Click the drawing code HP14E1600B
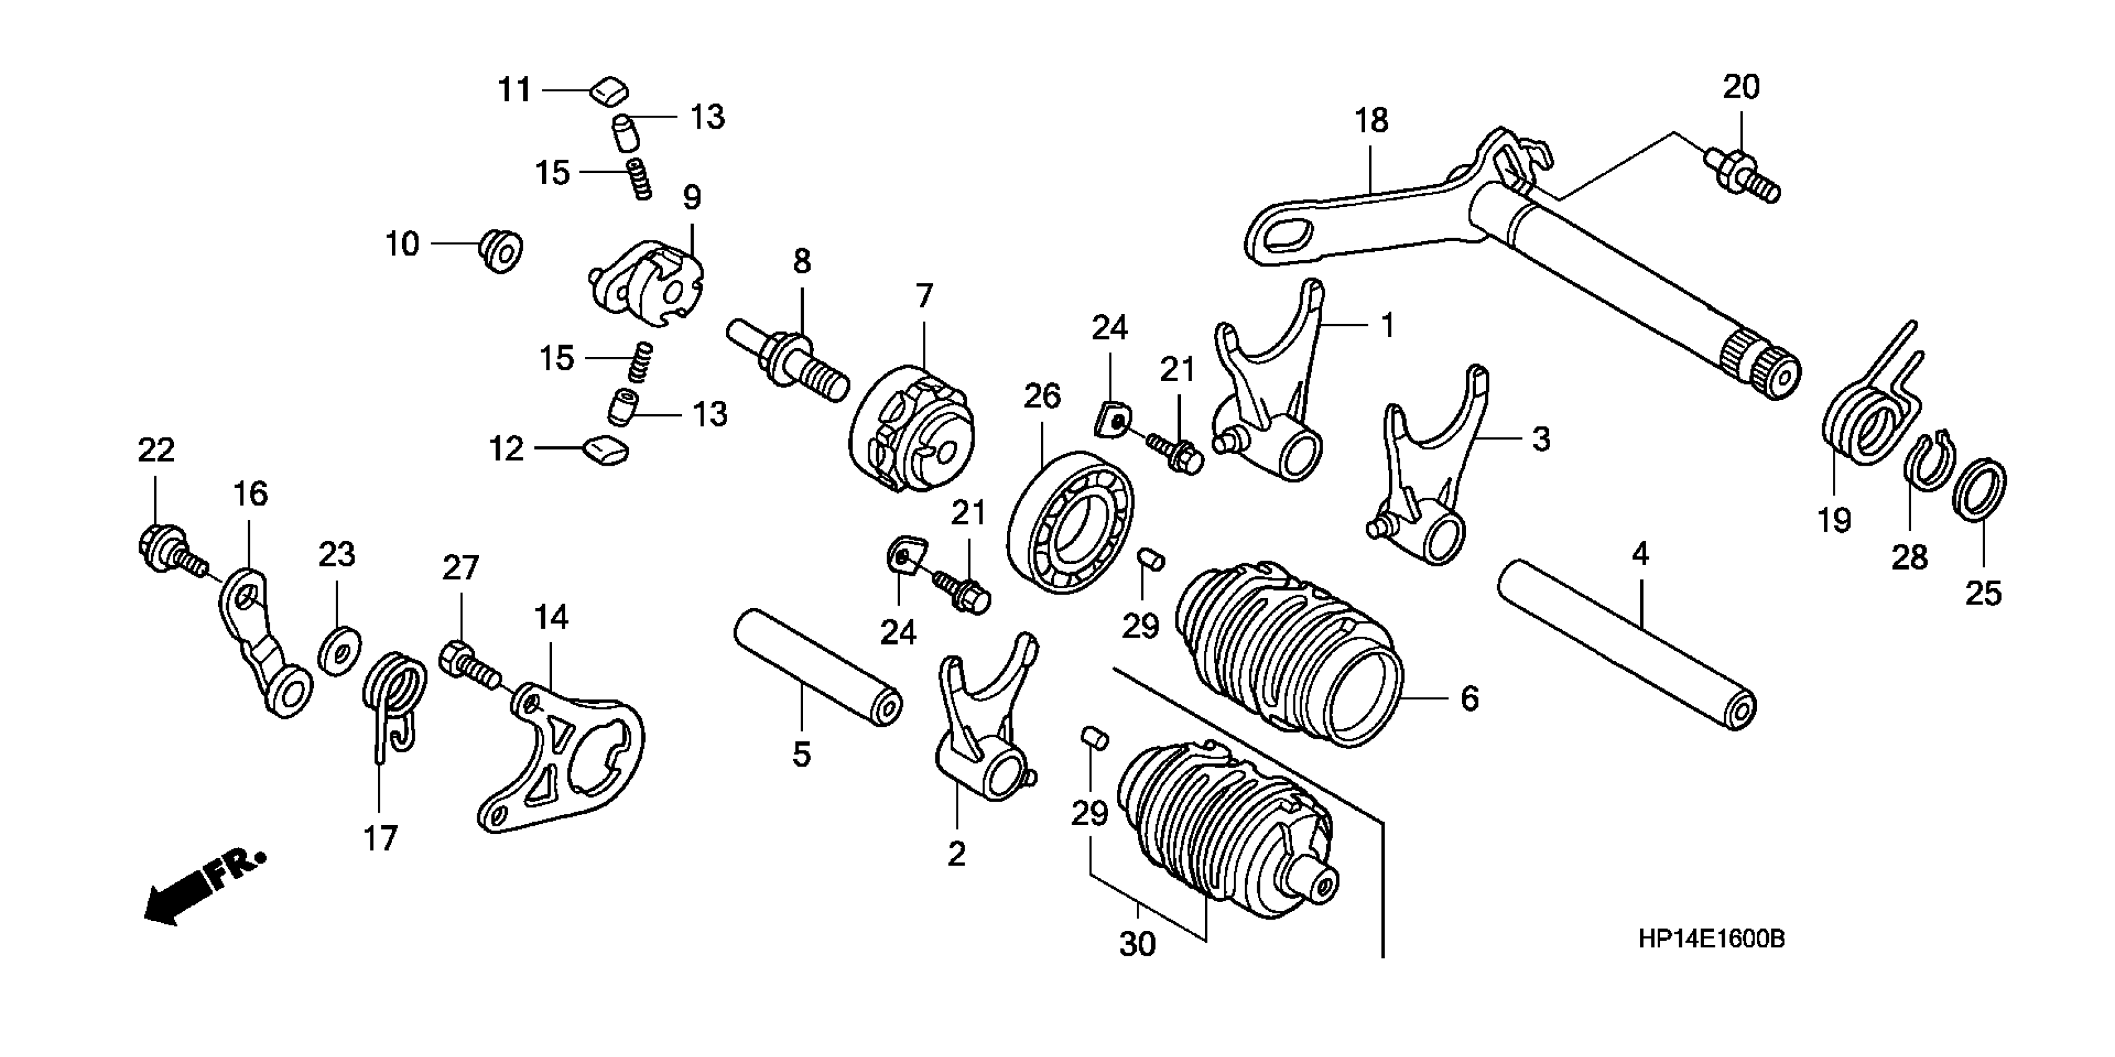point(1711,939)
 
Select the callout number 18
point(1371,121)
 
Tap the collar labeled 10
point(500,250)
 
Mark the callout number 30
point(1137,944)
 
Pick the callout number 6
point(1469,699)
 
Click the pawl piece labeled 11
point(608,90)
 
